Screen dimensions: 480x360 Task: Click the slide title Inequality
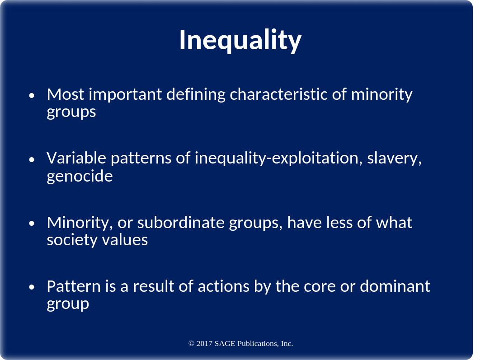coord(240,41)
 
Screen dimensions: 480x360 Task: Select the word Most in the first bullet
coord(66,94)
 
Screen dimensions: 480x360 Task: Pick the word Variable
coord(76,158)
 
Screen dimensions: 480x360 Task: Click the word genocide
coord(80,177)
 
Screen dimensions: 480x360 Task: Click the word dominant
coord(395,286)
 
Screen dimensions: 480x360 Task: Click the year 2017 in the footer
coord(204,344)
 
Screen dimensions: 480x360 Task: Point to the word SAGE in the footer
coord(225,344)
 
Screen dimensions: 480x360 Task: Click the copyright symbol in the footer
coord(191,344)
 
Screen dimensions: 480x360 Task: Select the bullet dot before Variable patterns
coord(32,159)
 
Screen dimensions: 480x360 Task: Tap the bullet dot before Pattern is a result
coord(32,287)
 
